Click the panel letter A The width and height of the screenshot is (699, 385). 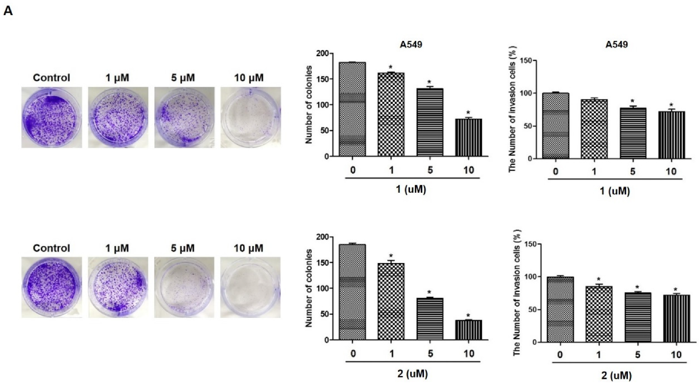8,11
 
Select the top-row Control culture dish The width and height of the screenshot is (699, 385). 52,117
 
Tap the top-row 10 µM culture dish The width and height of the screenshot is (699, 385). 250,117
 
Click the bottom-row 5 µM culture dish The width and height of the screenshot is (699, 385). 184,287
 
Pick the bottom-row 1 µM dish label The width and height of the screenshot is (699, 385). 117,248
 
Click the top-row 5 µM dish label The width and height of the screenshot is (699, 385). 183,77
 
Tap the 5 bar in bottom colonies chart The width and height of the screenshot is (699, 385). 430,319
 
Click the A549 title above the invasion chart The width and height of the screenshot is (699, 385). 616,44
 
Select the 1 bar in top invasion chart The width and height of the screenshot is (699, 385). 594,129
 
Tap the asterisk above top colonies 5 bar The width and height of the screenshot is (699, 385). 429,82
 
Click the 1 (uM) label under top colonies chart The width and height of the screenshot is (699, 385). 411,189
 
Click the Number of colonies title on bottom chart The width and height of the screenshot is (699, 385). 309,288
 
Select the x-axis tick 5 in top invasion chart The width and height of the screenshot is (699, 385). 632,171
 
